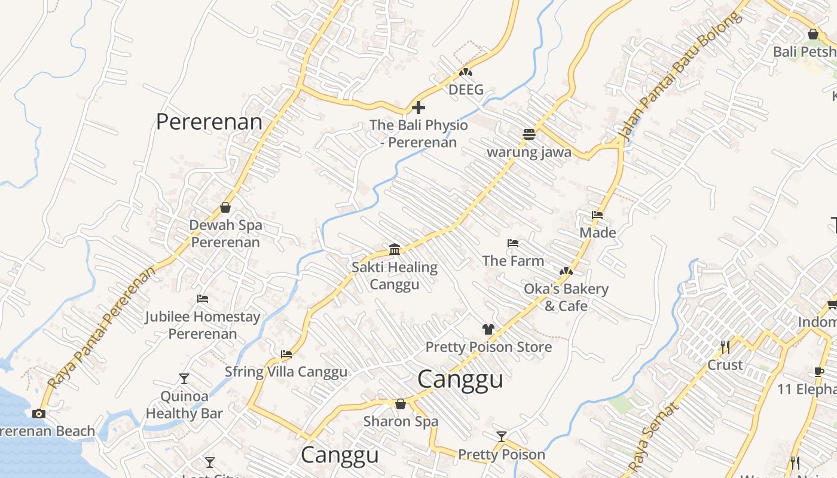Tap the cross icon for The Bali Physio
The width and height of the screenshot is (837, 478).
pos(418,108)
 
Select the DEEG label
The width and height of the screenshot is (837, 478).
pos(466,90)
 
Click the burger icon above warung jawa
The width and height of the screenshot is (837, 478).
pos(529,134)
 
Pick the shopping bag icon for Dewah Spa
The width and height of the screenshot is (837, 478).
pos(225,207)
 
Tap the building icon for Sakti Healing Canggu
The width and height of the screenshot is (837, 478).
pos(395,249)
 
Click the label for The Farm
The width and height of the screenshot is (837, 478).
pos(513,261)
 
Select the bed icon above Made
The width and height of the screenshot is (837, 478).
pos(597,215)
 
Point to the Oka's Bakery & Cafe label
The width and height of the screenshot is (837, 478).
pos(566,297)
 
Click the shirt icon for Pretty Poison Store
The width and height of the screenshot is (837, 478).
pos(488,329)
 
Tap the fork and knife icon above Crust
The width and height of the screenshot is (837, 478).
pos(725,347)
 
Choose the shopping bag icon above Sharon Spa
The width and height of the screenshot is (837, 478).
pos(401,404)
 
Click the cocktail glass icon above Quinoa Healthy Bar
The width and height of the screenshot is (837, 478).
pos(184,379)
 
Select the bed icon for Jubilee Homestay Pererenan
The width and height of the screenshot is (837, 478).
pos(203,299)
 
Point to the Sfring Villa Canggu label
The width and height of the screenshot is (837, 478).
pos(286,372)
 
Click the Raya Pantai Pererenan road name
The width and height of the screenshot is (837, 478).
pos(102,327)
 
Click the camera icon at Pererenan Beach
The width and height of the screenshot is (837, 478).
pos(39,413)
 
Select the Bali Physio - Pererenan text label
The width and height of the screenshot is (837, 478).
pos(418,134)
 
